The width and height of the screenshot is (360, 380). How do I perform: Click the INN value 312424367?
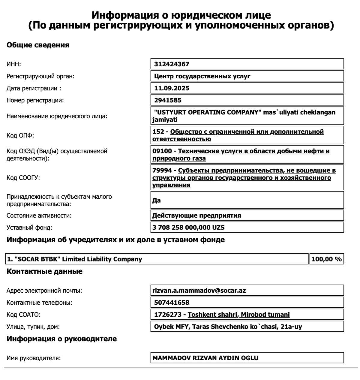tap(172, 64)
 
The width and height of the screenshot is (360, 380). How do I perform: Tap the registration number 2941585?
tap(168, 100)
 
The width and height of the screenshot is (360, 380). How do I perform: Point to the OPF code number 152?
tap(158, 132)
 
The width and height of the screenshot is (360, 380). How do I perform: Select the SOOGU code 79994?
tap(162, 170)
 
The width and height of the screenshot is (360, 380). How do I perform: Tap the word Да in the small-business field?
tap(157, 200)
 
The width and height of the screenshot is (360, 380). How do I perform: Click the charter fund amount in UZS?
tap(188, 228)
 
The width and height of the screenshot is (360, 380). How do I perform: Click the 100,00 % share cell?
tap(326, 259)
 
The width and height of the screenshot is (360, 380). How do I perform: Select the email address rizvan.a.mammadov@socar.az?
tap(199, 291)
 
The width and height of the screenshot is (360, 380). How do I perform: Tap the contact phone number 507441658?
tap(172, 303)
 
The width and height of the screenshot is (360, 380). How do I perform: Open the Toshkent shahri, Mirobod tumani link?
tap(238, 315)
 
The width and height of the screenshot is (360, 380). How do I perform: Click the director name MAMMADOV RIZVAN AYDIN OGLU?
tap(205, 358)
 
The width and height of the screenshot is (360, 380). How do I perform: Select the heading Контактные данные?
tap(44, 271)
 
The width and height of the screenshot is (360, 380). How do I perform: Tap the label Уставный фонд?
tap(29, 228)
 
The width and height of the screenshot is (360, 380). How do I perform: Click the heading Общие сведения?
tap(38, 45)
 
